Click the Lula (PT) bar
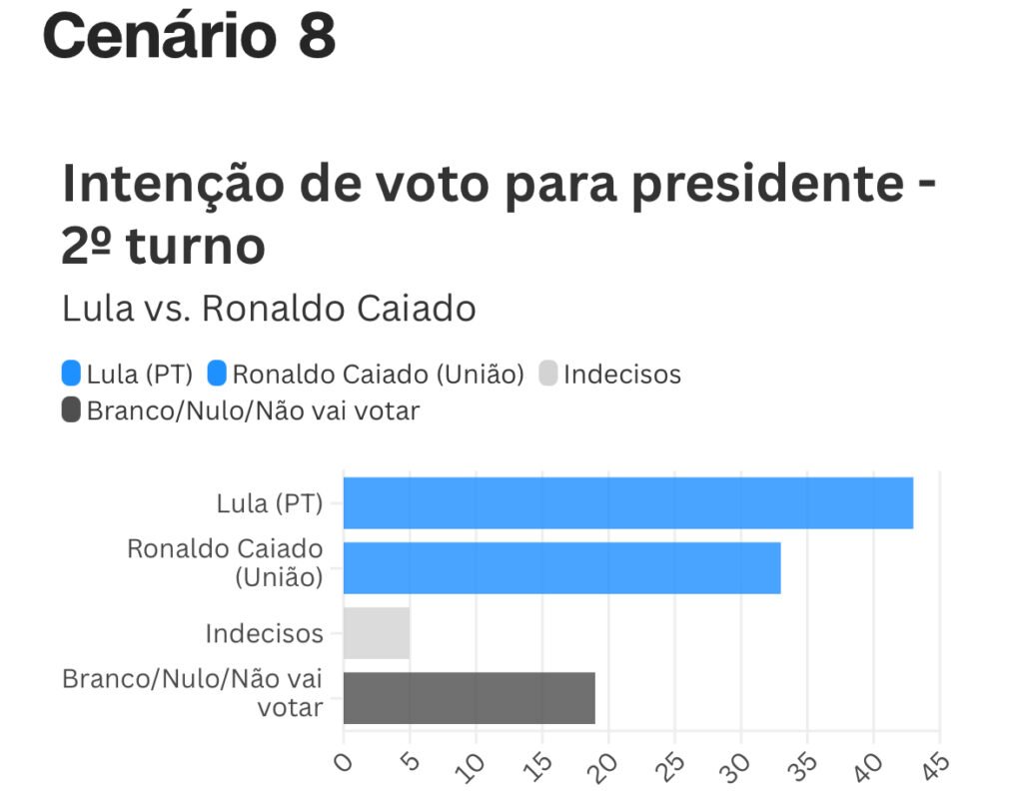tap(627, 503)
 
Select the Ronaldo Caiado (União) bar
tap(561, 568)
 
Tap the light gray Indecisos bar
tap(377, 633)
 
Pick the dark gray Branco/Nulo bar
tap(469, 698)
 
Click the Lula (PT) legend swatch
tap(71, 375)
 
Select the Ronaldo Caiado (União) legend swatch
tap(217, 375)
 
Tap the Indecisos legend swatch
tap(547, 375)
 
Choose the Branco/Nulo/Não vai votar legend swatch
tap(71, 409)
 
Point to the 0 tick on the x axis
tap(344, 763)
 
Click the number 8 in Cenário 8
tap(316, 37)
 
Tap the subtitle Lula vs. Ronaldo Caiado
tap(269, 309)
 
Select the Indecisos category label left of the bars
tap(264, 633)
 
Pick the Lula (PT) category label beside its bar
tap(270, 503)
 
